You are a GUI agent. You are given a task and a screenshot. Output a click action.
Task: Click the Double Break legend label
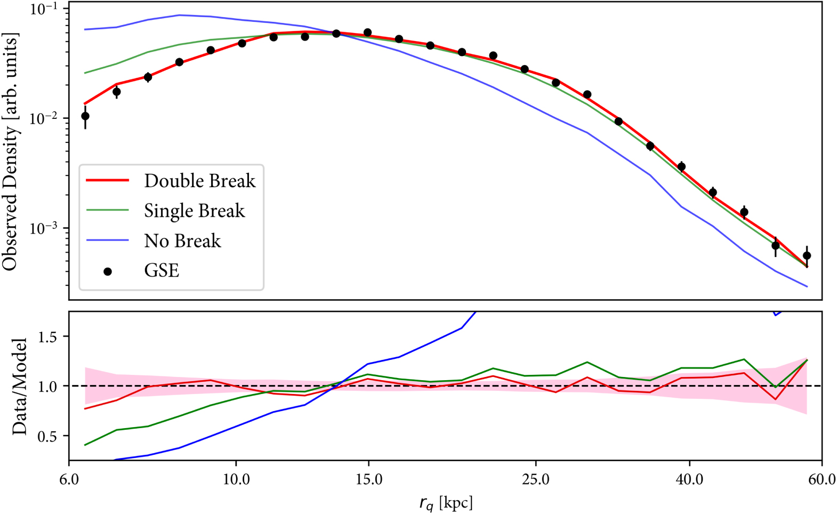pyautogui.click(x=199, y=181)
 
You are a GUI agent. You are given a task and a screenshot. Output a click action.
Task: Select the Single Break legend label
pyautogui.click(x=194, y=211)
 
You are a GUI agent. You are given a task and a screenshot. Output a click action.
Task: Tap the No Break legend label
pyautogui.click(x=182, y=240)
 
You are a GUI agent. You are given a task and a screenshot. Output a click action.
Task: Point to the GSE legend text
pyautogui.click(x=162, y=270)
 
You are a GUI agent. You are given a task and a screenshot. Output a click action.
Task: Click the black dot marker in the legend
pyautogui.click(x=108, y=271)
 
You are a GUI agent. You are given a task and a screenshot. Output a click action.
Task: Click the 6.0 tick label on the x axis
pyautogui.click(x=69, y=479)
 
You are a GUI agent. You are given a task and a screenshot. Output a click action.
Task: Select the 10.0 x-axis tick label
pyautogui.click(x=236, y=479)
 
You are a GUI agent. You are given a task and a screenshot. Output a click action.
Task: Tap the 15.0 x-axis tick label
pyautogui.click(x=368, y=479)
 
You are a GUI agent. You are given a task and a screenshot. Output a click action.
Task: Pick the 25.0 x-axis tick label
pyautogui.click(x=536, y=479)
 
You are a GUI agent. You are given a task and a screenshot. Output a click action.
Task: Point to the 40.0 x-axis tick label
pyautogui.click(x=689, y=479)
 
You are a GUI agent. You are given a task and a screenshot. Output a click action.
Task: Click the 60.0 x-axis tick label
pyautogui.click(x=821, y=479)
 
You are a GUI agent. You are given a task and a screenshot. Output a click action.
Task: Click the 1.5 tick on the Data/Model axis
pyautogui.click(x=50, y=336)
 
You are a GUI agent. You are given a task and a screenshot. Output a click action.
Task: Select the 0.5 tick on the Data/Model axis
pyautogui.click(x=50, y=436)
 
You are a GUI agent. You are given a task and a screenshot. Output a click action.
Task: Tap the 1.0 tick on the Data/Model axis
pyautogui.click(x=50, y=386)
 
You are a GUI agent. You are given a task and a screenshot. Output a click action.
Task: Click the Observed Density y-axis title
pyautogui.click(x=11, y=152)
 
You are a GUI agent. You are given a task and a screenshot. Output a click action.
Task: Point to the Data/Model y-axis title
pyautogui.click(x=19, y=386)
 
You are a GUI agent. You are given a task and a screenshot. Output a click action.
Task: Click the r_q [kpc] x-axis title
pyautogui.click(x=446, y=503)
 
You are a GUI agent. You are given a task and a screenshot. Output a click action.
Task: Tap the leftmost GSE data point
pyautogui.click(x=85, y=116)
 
